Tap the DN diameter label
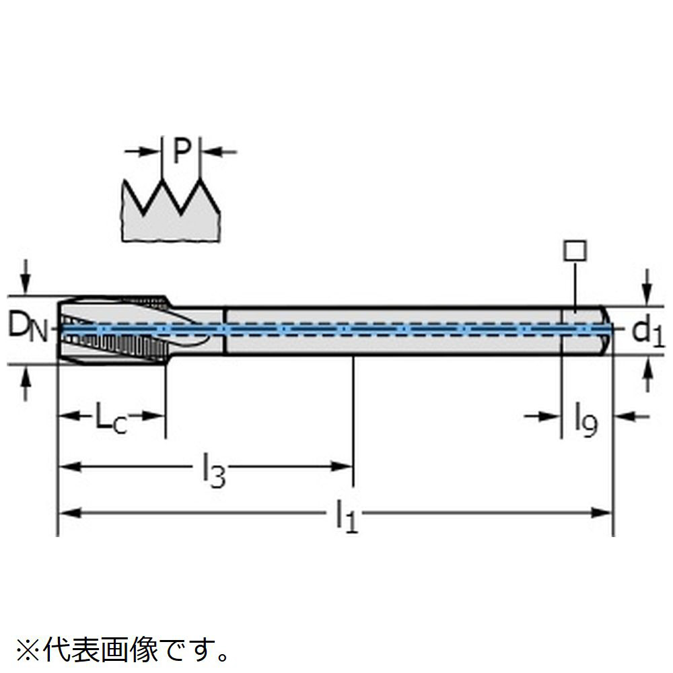[28, 328]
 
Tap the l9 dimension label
[586, 420]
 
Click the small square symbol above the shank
[575, 252]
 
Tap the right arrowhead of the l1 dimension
[603, 513]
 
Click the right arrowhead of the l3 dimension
[343, 466]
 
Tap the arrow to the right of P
[219, 152]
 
